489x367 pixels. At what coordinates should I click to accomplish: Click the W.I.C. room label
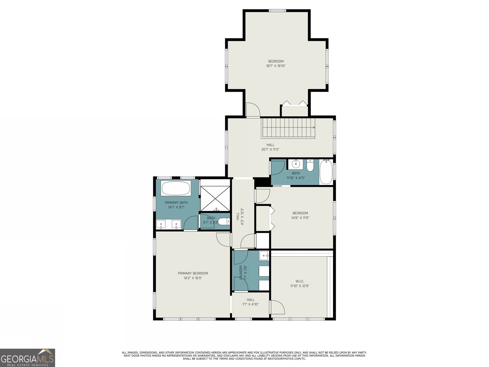click(300, 281)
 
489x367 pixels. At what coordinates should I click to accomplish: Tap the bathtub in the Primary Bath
click(176, 188)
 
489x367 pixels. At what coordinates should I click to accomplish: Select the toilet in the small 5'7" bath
click(223, 221)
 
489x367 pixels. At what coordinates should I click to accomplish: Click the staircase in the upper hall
click(288, 128)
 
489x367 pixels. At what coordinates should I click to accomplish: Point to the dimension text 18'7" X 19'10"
click(276, 66)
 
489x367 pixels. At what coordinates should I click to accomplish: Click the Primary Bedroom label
click(193, 273)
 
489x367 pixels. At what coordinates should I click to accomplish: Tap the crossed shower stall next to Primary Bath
click(215, 198)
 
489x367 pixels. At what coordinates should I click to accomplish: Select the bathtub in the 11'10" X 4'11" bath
click(326, 172)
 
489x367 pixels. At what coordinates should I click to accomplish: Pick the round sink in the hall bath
click(296, 165)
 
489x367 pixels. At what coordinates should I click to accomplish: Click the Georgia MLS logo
click(28, 358)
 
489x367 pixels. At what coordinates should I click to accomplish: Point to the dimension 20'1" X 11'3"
click(270, 150)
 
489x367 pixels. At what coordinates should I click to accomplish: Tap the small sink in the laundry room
click(264, 256)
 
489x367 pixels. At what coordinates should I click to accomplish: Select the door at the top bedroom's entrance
click(253, 109)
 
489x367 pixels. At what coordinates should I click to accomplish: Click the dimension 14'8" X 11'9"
click(300, 218)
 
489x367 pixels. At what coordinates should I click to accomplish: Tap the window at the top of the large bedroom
click(277, 10)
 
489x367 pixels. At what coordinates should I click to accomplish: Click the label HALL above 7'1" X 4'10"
click(250, 300)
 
